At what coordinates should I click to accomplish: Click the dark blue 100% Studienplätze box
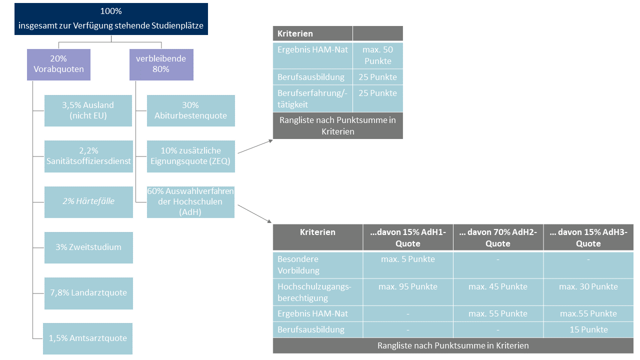[x=110, y=19]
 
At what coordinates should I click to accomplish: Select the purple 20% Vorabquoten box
[x=58, y=64]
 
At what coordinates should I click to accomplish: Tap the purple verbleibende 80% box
[x=161, y=64]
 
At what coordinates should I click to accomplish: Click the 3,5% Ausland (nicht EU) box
[x=88, y=110]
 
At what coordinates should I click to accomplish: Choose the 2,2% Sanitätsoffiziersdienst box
[x=88, y=156]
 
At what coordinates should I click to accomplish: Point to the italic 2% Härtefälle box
[x=88, y=201]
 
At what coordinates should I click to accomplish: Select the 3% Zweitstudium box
[x=88, y=247]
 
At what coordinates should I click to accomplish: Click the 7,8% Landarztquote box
[x=88, y=292]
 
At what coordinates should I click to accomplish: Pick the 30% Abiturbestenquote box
[x=190, y=110]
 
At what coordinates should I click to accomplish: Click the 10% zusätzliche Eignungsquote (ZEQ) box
[x=190, y=156]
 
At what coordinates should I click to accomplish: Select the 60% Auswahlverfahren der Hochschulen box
[x=190, y=201]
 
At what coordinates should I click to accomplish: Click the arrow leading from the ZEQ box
[x=255, y=146]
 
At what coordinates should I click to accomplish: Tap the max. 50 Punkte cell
[x=377, y=55]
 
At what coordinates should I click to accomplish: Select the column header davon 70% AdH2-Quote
[x=498, y=237]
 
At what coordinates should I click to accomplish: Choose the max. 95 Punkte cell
[x=408, y=286]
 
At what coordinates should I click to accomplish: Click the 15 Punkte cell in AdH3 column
[x=588, y=329]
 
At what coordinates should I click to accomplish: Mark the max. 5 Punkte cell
[x=408, y=259]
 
